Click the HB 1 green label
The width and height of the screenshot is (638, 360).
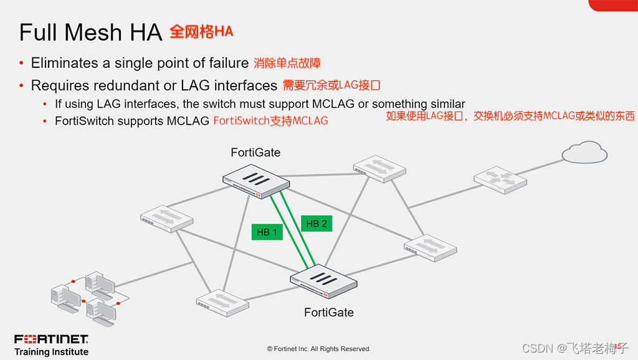267,232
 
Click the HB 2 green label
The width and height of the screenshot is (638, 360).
317,224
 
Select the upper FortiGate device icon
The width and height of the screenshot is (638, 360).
256,182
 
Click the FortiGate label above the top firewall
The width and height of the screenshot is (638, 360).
255,153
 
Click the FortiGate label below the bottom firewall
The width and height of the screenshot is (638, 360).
329,312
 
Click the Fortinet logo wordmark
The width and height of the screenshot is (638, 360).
51,339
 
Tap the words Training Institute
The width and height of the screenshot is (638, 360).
51,352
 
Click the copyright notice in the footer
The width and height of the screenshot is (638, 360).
318,349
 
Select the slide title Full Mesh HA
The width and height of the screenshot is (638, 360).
90,32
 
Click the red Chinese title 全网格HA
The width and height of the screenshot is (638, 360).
201,32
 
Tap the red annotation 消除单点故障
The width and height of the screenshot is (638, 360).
287,63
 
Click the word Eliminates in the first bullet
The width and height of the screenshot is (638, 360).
65,63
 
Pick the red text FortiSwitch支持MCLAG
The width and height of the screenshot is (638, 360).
270,121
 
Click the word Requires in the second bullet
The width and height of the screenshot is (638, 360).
59,85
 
